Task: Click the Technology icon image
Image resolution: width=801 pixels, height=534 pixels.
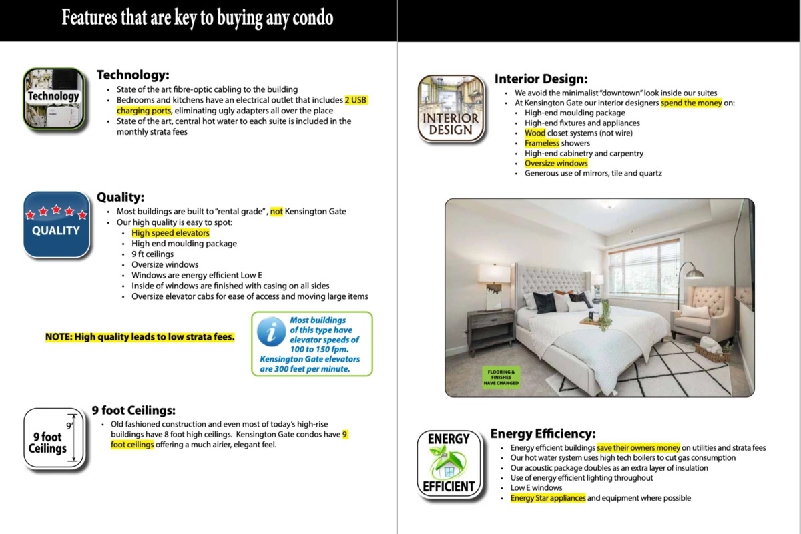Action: point(55,98)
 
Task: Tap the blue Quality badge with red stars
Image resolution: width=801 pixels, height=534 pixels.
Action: point(56,224)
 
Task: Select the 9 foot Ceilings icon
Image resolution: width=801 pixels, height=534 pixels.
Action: point(55,439)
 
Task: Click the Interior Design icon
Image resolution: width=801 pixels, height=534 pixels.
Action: point(451,108)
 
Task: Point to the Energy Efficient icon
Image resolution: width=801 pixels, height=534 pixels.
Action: point(449,463)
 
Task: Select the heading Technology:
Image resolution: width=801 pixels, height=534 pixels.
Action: point(133,75)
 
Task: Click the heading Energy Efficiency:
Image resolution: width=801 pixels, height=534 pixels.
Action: point(543,434)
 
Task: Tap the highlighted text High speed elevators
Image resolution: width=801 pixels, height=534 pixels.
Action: point(170,233)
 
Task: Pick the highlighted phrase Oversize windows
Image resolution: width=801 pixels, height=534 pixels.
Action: point(556,163)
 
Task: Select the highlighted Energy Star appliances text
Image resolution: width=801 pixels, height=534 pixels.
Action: point(548,498)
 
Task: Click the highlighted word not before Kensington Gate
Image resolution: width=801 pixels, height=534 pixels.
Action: point(276,212)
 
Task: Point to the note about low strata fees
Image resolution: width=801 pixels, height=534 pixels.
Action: point(140,337)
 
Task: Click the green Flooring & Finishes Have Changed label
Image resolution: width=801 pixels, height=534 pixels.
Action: point(501,377)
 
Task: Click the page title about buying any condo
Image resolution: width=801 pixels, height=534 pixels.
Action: point(198,18)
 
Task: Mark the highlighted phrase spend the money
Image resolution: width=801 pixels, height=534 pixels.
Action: point(691,103)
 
